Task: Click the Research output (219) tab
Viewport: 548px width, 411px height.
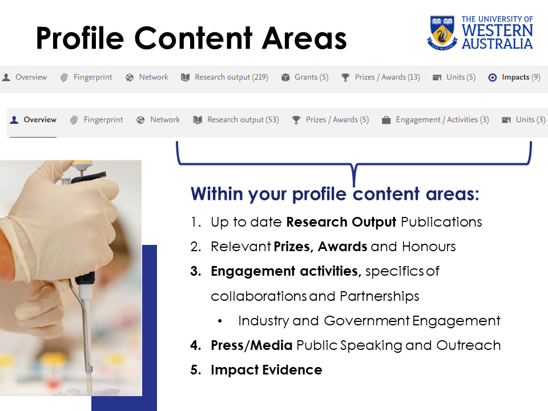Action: (x=231, y=77)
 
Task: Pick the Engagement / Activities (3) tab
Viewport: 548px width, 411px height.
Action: (x=442, y=120)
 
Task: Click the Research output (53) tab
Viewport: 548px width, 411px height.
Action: (x=243, y=120)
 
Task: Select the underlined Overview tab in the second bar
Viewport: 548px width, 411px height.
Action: (x=39, y=120)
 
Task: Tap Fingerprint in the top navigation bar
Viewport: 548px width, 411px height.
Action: (x=92, y=77)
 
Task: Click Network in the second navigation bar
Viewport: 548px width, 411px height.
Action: (x=164, y=120)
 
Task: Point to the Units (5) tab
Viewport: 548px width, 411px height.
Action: (x=461, y=77)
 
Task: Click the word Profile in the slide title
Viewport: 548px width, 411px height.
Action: (x=80, y=38)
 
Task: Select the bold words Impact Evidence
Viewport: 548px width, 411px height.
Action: (x=267, y=370)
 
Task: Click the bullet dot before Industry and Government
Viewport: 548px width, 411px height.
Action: (x=221, y=321)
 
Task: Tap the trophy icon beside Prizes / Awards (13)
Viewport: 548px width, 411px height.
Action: (x=345, y=77)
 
